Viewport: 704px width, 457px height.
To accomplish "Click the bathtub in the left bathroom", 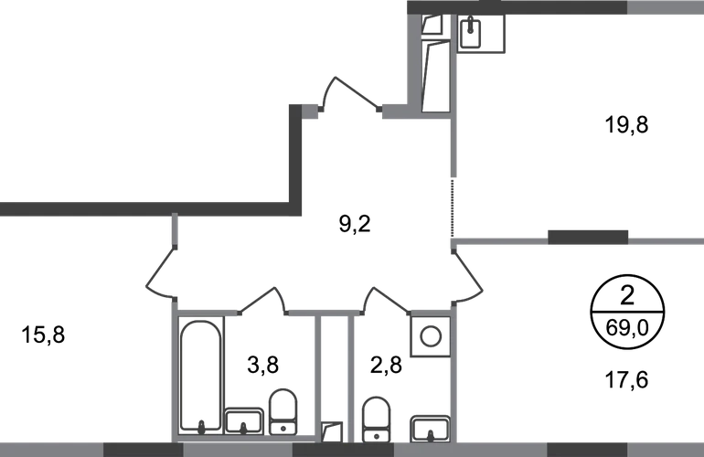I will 201,373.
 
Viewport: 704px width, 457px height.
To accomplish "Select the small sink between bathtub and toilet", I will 244,419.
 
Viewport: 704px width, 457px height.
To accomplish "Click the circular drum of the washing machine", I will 429,335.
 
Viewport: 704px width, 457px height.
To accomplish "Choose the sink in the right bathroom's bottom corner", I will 428,424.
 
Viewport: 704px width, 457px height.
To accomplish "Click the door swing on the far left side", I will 162,271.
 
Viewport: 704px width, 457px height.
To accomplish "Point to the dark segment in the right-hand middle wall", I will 587,239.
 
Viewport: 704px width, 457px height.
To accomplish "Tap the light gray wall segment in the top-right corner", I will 665,9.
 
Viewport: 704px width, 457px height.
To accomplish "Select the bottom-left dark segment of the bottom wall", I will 143,449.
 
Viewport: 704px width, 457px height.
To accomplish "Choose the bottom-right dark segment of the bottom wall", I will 586,449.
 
